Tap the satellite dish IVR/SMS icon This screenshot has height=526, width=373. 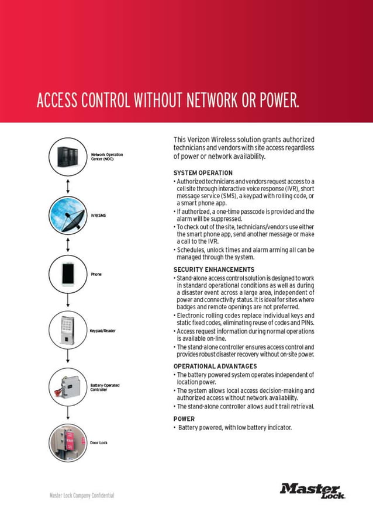(68, 215)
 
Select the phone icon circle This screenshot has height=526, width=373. (68, 274)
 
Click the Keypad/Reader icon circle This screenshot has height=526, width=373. (68, 330)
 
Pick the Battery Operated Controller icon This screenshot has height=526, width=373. (68, 386)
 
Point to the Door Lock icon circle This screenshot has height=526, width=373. (68, 442)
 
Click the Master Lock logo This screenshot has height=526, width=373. (312, 490)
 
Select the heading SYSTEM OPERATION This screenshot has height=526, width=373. (203, 173)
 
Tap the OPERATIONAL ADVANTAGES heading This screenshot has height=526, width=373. (215, 366)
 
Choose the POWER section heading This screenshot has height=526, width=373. (184, 418)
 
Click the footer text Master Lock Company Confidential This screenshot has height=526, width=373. (81, 496)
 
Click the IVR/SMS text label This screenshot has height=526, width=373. (98, 216)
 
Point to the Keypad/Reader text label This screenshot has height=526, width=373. (103, 331)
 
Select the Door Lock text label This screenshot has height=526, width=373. (99, 443)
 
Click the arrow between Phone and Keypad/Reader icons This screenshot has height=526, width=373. (68, 302)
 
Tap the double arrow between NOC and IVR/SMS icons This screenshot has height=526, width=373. (68, 186)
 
